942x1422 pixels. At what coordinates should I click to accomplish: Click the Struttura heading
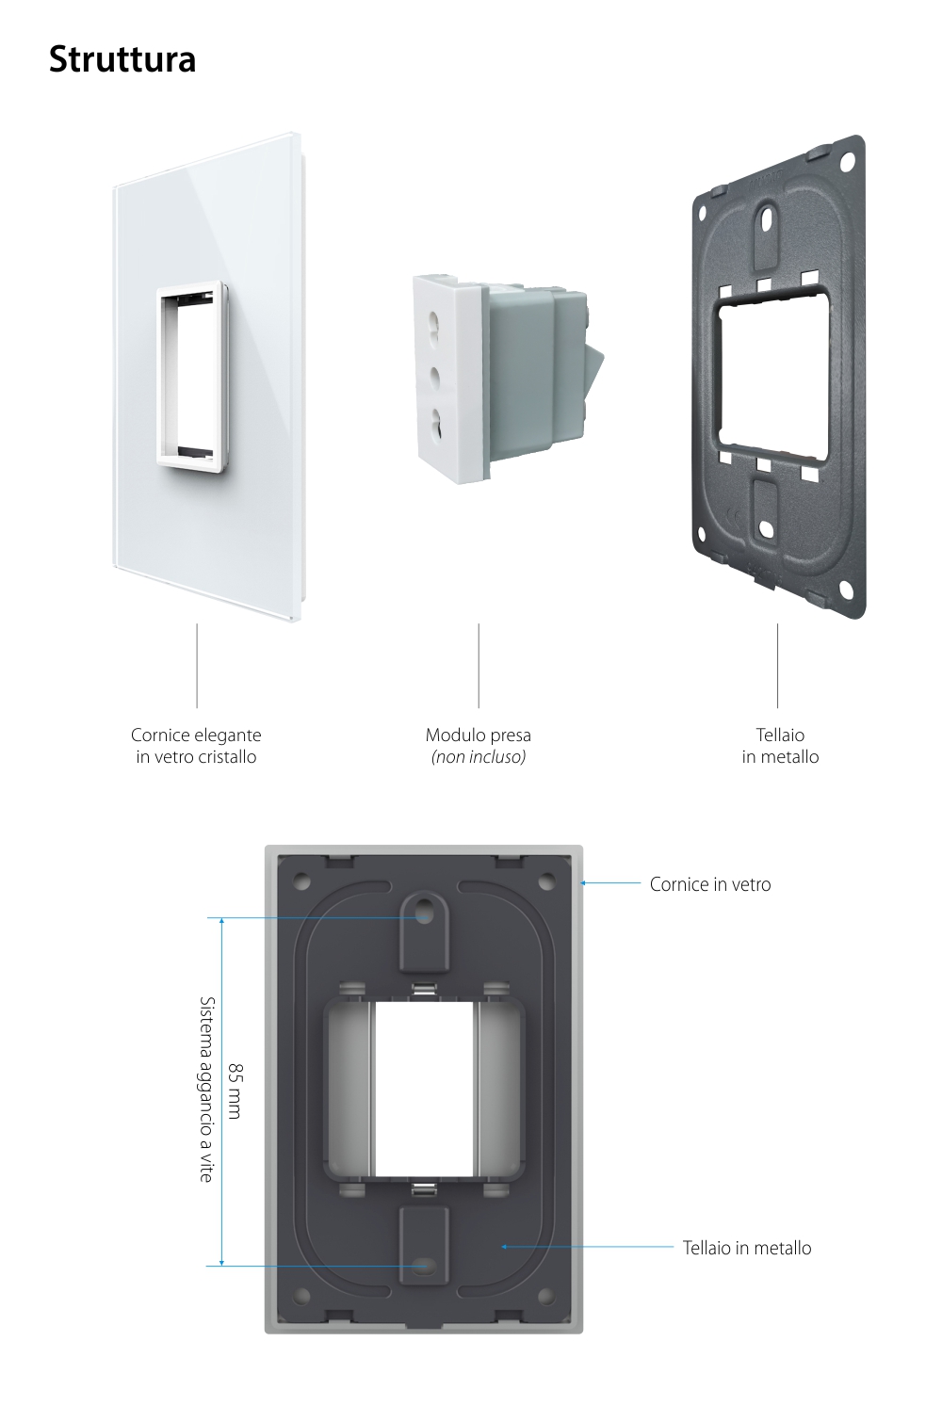pos(122,59)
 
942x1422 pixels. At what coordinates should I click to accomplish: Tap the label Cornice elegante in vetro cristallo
pos(196,746)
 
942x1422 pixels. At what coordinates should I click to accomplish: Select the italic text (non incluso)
pos(478,757)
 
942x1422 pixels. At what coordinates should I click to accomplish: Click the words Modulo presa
pos(478,735)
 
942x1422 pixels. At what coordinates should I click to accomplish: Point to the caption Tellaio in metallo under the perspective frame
pos(780,746)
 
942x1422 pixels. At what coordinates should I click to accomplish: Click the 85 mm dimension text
pos(235,1091)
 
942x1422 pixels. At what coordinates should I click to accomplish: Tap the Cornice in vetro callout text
pos(710,884)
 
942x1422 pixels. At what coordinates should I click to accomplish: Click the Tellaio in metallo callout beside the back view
pos(747,1248)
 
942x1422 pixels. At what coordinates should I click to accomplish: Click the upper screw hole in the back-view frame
pos(424,912)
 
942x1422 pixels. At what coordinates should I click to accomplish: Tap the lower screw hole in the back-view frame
pos(424,1267)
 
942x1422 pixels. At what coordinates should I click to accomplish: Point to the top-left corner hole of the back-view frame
pos(301,882)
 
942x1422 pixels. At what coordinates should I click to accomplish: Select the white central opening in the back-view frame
pos(424,1089)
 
